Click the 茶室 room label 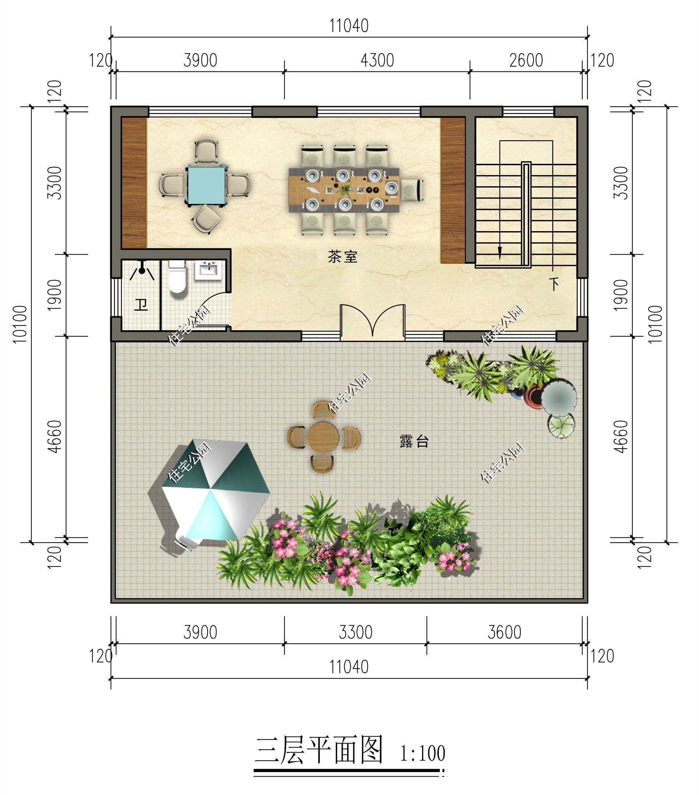tap(342, 257)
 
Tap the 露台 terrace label tap(414, 441)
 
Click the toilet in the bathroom tap(177, 277)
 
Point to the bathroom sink tap(210, 269)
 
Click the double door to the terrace tap(372, 322)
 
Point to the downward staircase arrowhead tap(500, 255)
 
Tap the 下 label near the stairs tap(555, 284)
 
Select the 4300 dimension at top tap(377, 61)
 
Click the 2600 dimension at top tap(526, 61)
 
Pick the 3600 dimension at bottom tap(504, 632)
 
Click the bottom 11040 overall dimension tap(349, 667)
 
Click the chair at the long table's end tap(412, 190)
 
